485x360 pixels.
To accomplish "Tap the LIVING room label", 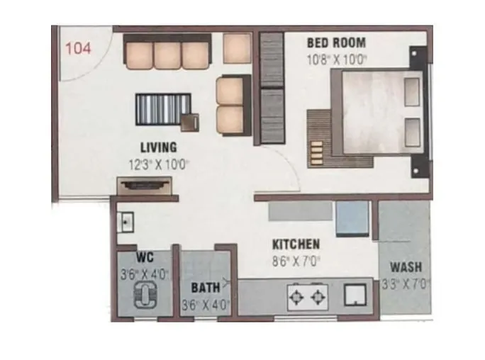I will pos(158,147).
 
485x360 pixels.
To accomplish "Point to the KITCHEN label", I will pos(296,244).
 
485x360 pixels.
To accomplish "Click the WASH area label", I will pos(406,267).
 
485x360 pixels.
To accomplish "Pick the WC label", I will pos(144,257).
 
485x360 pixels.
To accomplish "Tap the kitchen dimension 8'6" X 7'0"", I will pos(296,261).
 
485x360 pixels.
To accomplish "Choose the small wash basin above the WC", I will pos(126,220).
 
